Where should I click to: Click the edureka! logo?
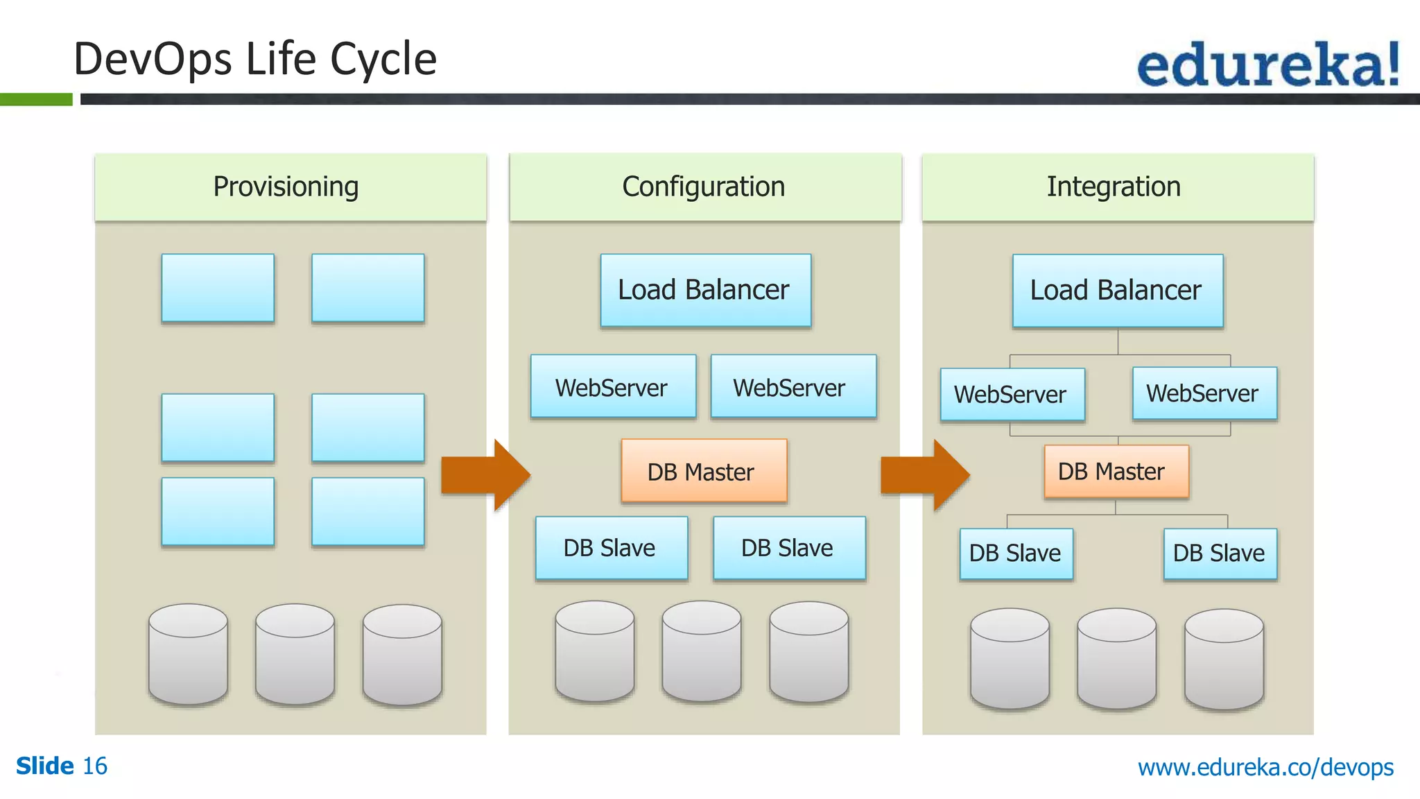coord(1267,65)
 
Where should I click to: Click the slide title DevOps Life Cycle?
coord(255,59)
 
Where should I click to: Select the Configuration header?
coord(704,187)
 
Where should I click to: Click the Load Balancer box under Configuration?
coord(705,290)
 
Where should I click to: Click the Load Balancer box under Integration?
coord(1117,291)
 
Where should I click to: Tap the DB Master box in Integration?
coord(1116,472)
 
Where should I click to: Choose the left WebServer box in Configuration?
coord(613,387)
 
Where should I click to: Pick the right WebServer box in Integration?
coord(1204,394)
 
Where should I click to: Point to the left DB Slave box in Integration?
coord(1016,553)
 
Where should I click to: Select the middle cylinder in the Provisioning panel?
coord(295,654)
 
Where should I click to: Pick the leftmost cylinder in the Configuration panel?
coord(594,652)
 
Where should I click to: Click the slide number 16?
coord(95,766)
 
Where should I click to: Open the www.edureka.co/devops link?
coord(1265,767)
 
